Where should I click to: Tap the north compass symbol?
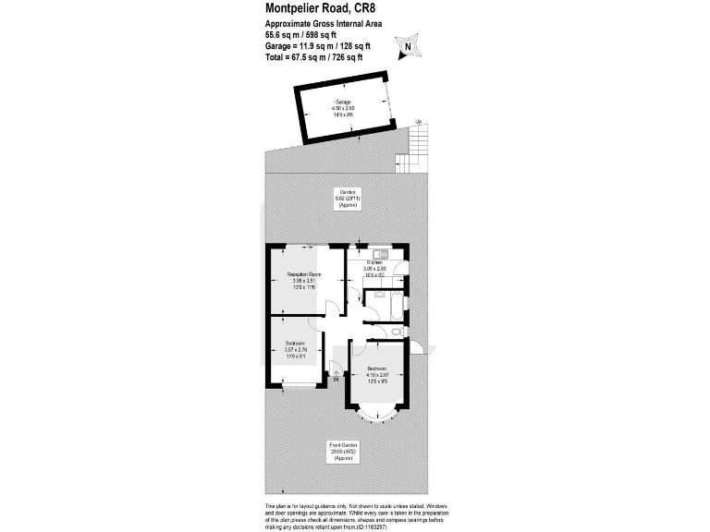coord(408,44)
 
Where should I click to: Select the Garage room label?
coord(343,109)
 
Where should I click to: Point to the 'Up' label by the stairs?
coord(418,122)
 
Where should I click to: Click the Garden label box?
coord(348,199)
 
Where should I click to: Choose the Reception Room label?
coord(302,281)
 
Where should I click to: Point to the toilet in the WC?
coord(396,330)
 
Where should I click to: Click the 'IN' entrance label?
coord(337,378)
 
